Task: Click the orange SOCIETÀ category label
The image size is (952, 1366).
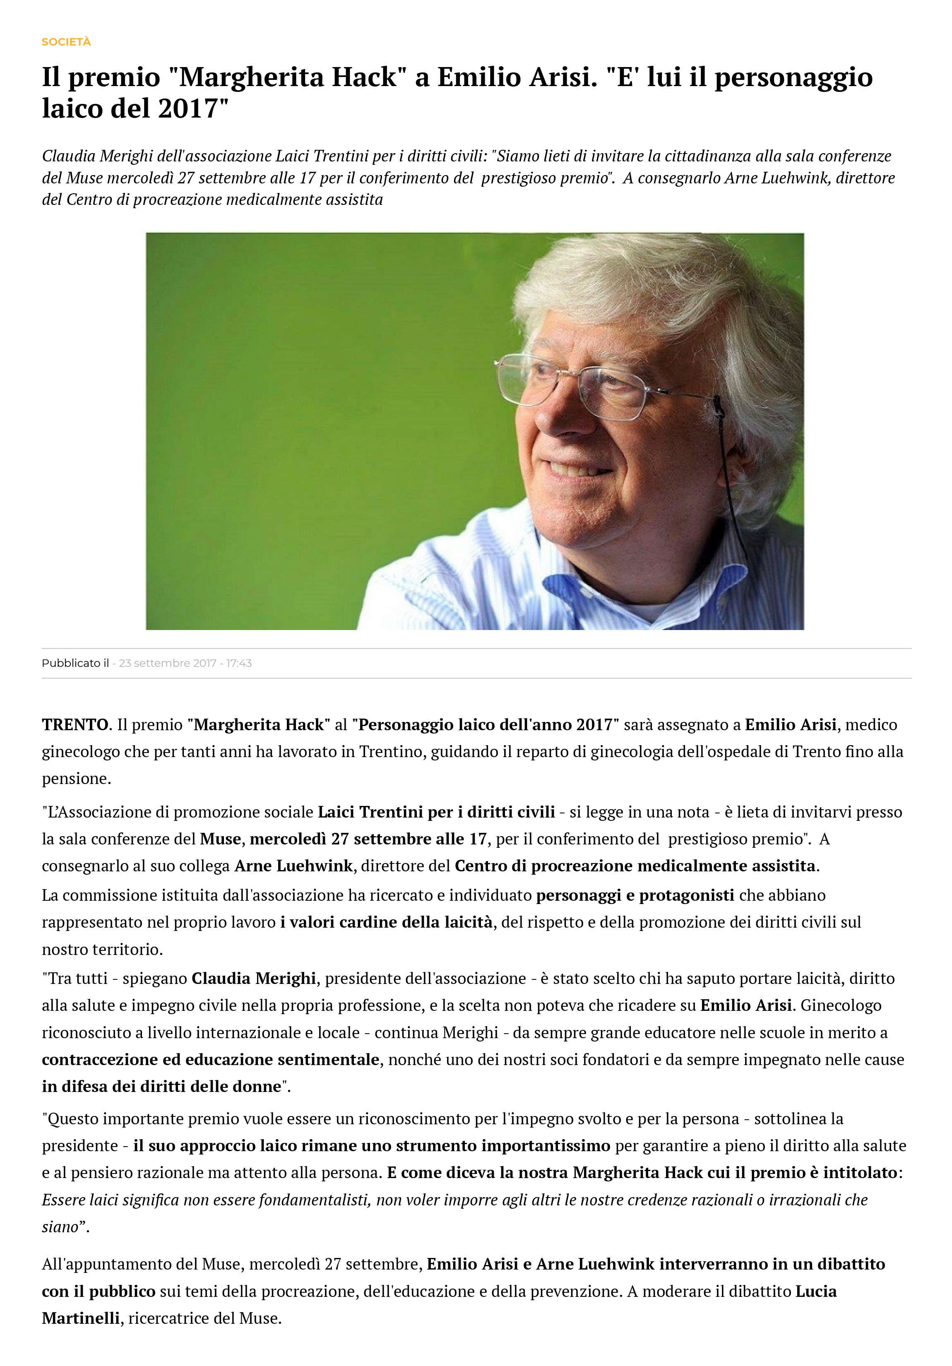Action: tap(66, 42)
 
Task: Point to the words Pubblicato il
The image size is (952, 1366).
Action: tap(75, 663)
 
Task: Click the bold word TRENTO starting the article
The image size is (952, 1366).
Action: tap(75, 725)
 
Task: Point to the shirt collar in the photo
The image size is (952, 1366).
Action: tap(595, 589)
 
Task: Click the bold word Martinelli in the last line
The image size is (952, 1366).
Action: tap(81, 1318)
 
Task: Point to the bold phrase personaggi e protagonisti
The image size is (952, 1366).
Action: tap(635, 895)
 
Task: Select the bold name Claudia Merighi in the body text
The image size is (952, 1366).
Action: tap(253, 978)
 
